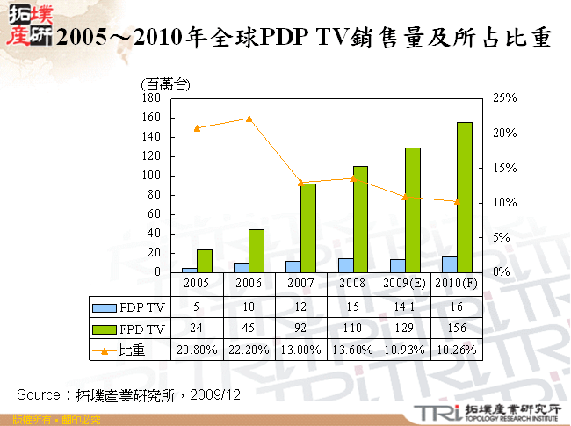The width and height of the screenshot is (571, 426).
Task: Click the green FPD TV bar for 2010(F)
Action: pyautogui.click(x=464, y=198)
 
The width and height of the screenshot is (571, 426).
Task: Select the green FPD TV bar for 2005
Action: pyautogui.click(x=204, y=261)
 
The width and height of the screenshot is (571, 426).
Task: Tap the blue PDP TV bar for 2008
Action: pyautogui.click(x=346, y=265)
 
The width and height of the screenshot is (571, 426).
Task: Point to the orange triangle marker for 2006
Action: pyautogui.click(x=249, y=119)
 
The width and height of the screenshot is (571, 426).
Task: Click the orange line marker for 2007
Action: pyautogui.click(x=300, y=183)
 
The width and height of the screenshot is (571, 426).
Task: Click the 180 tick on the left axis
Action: pyautogui.click(x=151, y=98)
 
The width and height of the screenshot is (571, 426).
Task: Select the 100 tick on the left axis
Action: pyautogui.click(x=151, y=176)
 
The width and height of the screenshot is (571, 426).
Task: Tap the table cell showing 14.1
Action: pyautogui.click(x=404, y=307)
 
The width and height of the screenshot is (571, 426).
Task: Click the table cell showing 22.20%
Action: pyautogui.click(x=249, y=350)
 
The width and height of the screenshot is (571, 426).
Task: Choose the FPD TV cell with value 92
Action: pyautogui.click(x=300, y=329)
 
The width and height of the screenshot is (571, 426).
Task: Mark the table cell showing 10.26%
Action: pyautogui.click(x=456, y=350)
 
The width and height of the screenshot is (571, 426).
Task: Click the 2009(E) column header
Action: pyautogui.click(x=404, y=284)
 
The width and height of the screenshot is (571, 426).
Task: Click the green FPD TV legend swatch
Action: pyautogui.click(x=105, y=329)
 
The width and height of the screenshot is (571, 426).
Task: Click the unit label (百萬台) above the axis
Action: pyautogui.click(x=164, y=84)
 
